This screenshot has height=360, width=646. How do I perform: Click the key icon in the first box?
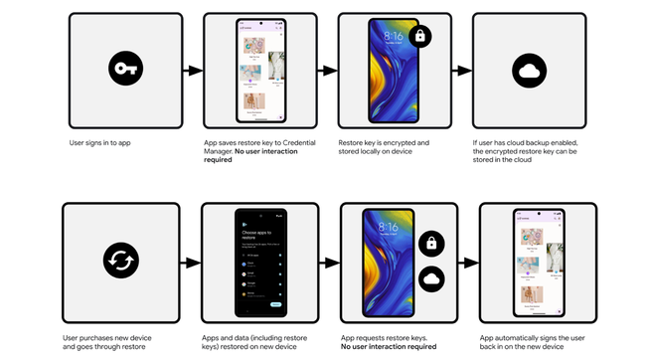click(x=124, y=71)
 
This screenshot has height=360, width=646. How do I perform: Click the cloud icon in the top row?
click(x=528, y=71)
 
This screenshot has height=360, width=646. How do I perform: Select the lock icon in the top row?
click(x=419, y=35)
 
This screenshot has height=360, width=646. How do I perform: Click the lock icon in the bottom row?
click(x=432, y=243)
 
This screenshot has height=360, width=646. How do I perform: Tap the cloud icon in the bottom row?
click(x=432, y=280)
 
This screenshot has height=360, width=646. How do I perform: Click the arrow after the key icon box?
click(x=191, y=71)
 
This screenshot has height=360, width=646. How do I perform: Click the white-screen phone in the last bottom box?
click(x=539, y=261)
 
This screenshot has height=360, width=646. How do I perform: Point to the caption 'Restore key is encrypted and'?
click(x=390, y=143)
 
